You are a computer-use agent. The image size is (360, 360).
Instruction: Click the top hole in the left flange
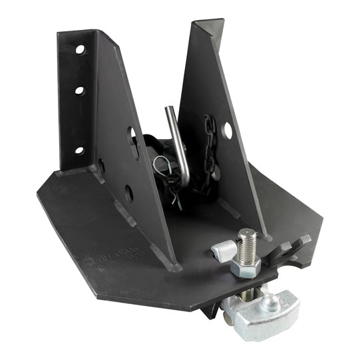coord(80,50)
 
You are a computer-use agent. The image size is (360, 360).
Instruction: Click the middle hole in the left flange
coord(79,89)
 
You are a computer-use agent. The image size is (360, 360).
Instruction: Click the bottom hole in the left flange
coord(79,150)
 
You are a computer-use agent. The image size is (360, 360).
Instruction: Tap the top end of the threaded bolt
coord(248,234)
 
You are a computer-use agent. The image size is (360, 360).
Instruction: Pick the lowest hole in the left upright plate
coord(128,194)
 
